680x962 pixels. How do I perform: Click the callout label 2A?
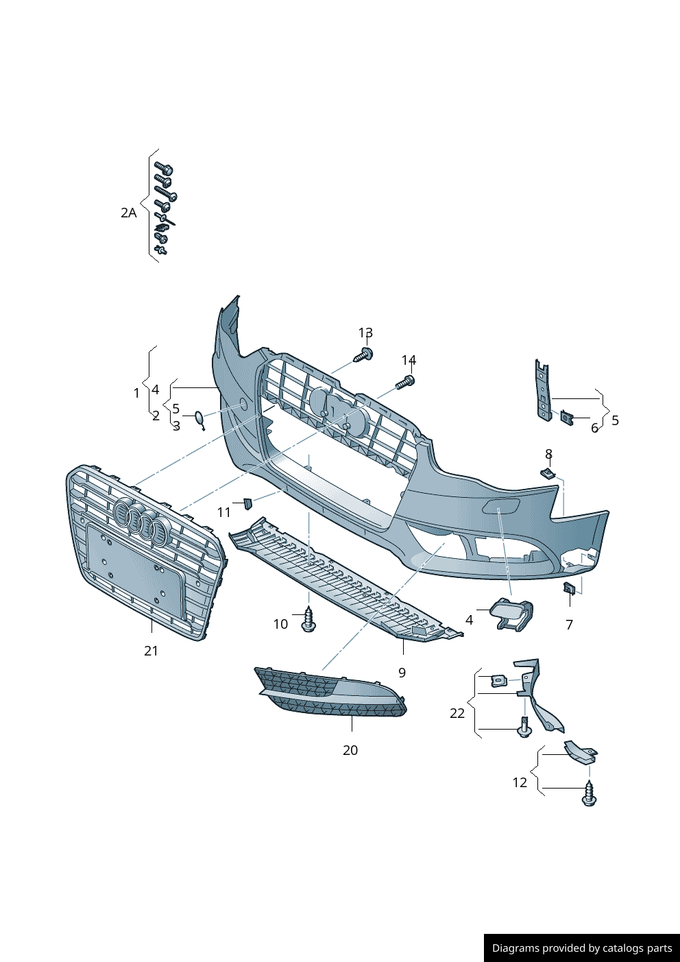(x=128, y=213)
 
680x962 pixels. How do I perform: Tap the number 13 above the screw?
(x=365, y=333)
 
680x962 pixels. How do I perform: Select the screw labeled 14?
(x=405, y=382)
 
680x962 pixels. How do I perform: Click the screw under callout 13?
(x=364, y=354)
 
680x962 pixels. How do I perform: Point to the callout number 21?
(x=151, y=651)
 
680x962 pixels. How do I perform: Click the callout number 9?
(x=402, y=673)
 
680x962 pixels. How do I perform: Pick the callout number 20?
(x=350, y=750)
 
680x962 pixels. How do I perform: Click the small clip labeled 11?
(x=247, y=505)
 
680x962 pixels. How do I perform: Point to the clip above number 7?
(x=569, y=588)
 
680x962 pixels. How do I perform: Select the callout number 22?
(x=457, y=713)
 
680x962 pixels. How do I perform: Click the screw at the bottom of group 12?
(x=589, y=795)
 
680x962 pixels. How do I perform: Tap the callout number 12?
(x=520, y=782)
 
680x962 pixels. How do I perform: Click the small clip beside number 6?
(x=567, y=416)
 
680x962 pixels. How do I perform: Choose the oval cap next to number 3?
(x=199, y=418)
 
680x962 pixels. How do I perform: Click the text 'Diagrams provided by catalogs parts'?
(x=582, y=948)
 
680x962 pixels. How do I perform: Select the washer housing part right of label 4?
(x=512, y=614)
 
